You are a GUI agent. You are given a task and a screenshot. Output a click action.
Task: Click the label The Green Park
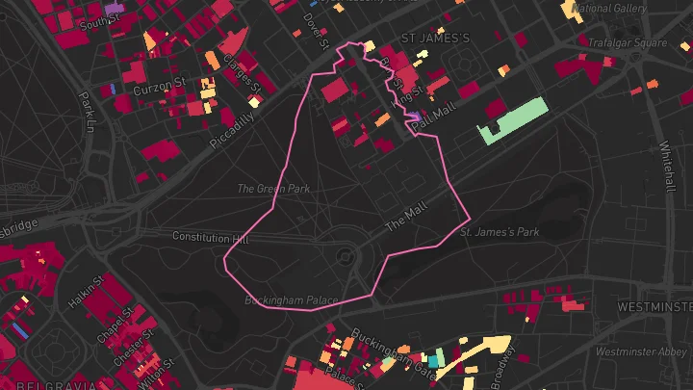coord(273,189)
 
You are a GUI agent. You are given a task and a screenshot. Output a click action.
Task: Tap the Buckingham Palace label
coord(291,300)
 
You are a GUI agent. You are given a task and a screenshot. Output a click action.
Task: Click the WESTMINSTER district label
coord(654,306)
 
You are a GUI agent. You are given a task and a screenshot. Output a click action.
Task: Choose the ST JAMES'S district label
coord(434,39)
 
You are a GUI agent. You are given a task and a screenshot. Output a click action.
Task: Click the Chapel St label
coord(114,325)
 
